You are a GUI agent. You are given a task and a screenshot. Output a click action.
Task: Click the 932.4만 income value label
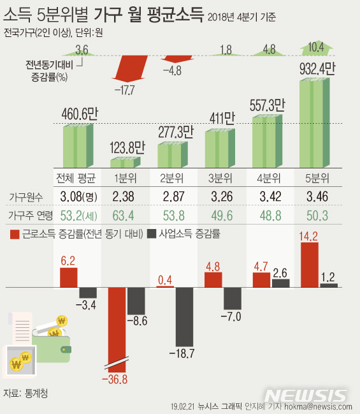coord(315,67)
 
